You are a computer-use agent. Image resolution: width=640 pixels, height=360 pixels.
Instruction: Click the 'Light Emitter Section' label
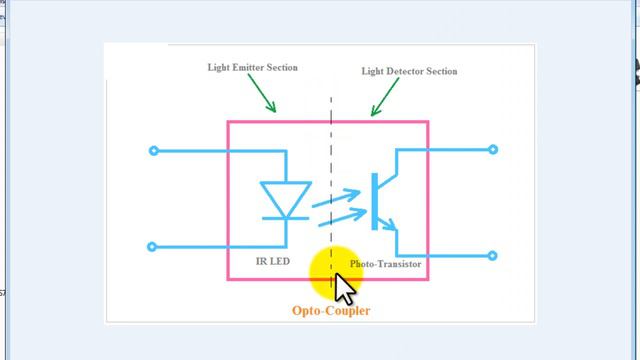click(x=252, y=68)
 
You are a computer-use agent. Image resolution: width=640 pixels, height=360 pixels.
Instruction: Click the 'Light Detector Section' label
click(x=408, y=72)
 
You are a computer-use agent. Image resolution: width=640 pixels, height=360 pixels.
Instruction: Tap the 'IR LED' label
click(x=274, y=261)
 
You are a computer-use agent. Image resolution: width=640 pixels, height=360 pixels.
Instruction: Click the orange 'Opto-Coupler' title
click(x=330, y=311)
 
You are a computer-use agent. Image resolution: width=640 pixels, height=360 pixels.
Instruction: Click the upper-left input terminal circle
click(x=153, y=151)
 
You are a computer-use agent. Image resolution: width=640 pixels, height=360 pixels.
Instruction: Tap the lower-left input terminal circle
click(x=153, y=246)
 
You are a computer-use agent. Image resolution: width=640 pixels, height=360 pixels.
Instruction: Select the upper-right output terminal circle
click(x=493, y=150)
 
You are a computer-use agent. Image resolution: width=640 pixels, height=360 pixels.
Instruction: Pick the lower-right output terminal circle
click(x=493, y=256)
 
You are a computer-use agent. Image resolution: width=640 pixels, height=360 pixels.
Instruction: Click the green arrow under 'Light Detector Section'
click(x=385, y=98)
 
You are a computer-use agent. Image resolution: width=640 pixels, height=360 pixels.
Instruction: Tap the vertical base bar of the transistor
click(x=372, y=201)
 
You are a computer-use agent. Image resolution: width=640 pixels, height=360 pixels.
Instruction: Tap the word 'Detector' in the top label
click(x=410, y=72)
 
